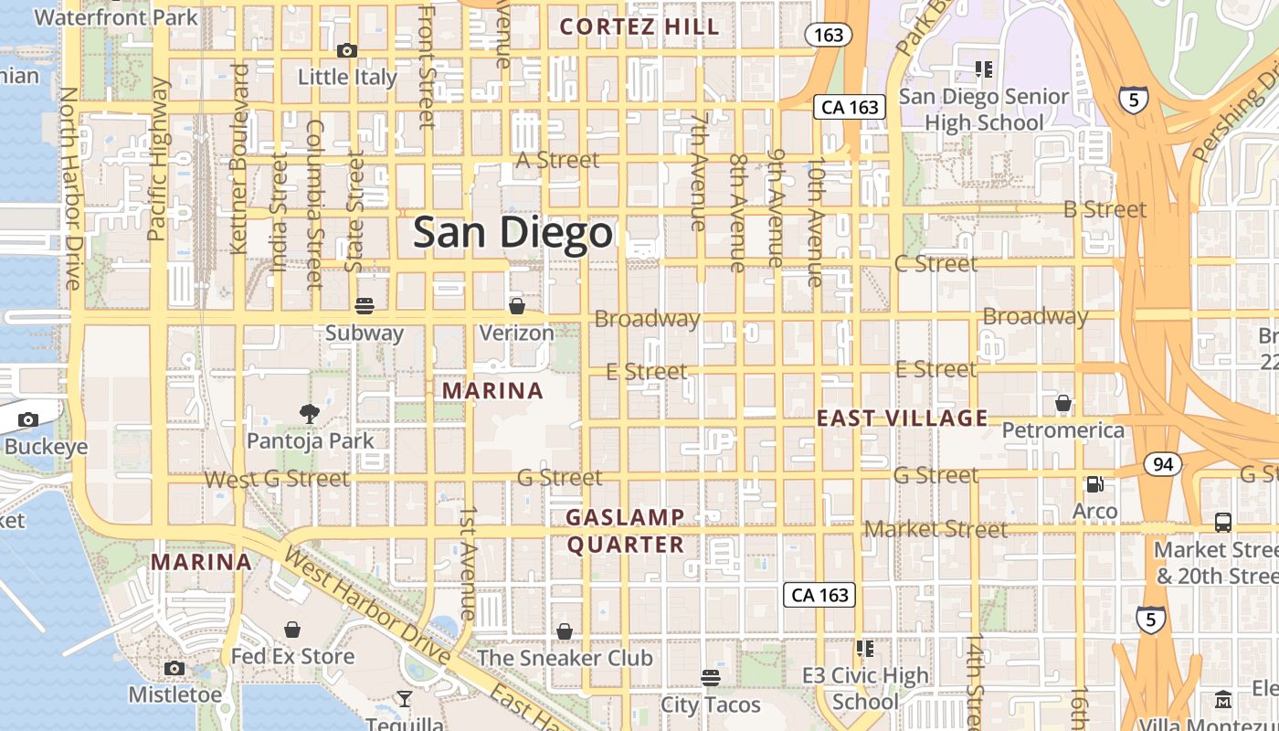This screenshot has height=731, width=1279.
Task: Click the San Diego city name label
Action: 512,233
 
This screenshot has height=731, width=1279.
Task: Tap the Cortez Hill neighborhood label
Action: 639,26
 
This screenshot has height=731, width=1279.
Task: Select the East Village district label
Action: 902,418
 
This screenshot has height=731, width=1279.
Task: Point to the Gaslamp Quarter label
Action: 625,531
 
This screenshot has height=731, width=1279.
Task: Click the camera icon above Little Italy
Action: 347,50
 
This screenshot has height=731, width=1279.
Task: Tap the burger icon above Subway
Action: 365,305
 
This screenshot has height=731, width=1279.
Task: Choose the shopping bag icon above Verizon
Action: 517,305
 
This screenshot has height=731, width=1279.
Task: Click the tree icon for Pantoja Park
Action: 310,413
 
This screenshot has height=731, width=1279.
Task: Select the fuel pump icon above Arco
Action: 1094,483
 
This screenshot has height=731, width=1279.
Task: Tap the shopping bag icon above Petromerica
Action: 1063,402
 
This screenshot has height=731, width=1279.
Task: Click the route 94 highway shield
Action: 1162,464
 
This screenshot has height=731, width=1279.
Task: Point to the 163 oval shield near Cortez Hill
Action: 829,35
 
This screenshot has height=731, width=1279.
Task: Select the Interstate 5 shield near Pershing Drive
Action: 1133,99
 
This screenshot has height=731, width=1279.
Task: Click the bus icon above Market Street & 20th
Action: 1223,523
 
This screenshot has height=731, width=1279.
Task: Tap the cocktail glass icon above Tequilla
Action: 404,699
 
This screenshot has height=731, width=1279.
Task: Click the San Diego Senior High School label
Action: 984,110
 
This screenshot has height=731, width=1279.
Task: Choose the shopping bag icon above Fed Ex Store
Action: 292,629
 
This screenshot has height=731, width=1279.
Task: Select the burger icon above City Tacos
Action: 711,677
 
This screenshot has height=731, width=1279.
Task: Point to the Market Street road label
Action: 935,529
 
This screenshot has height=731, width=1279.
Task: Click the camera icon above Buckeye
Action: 28,419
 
